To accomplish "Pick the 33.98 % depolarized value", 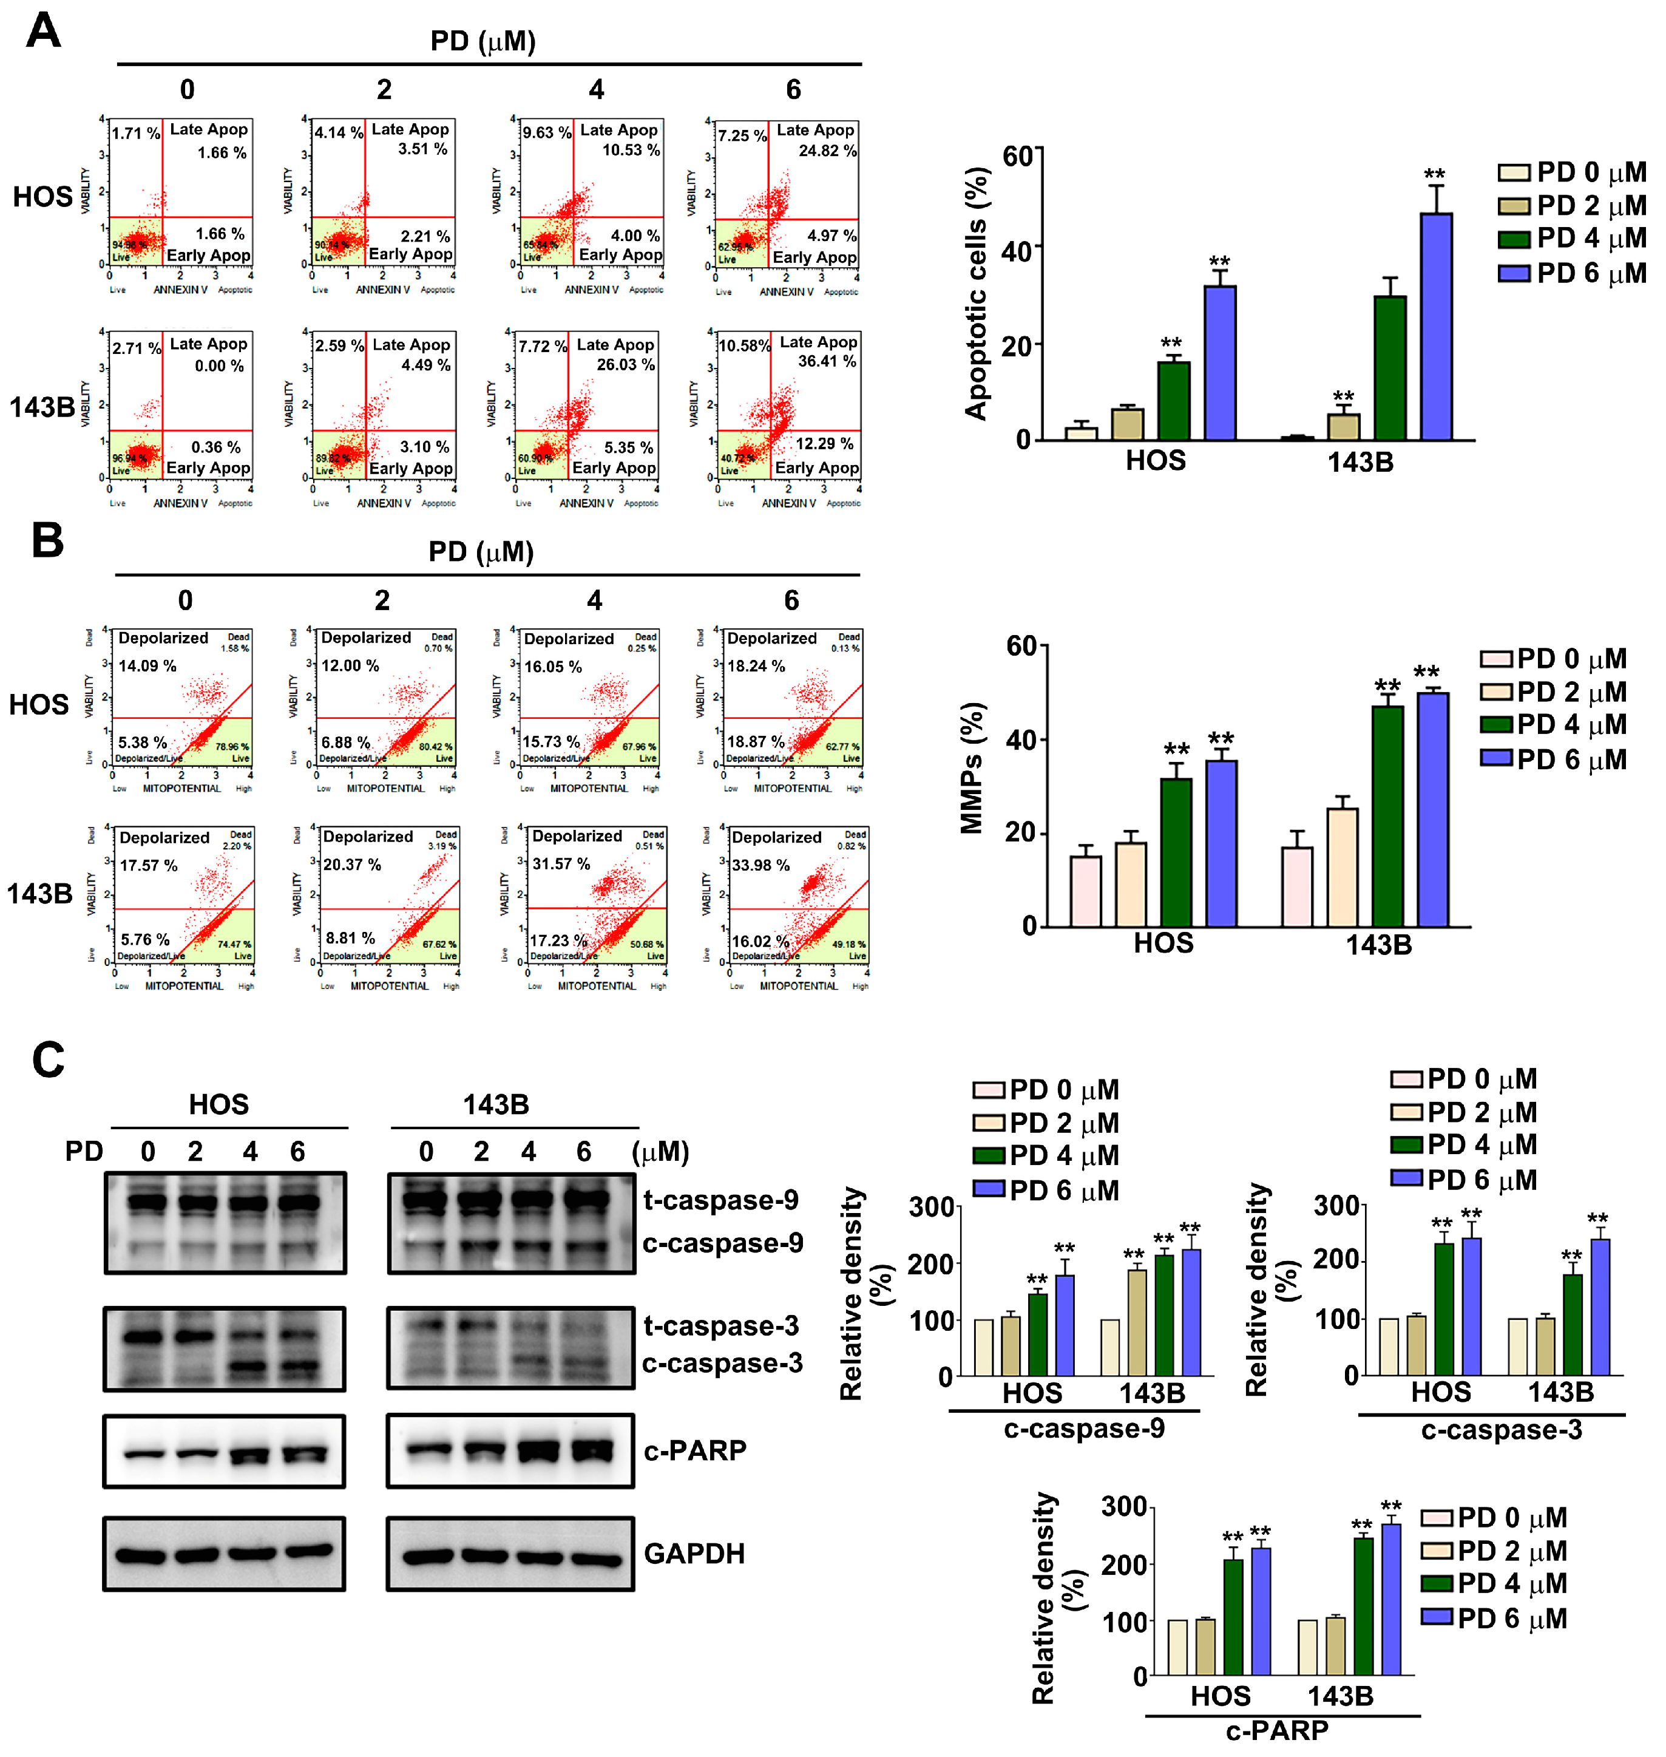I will click(760, 865).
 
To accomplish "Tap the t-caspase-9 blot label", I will click(720, 1200).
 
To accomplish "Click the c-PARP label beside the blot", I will click(694, 1450).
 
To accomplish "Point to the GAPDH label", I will click(694, 1554).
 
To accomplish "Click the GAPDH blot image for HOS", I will click(224, 1554).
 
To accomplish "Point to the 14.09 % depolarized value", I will click(147, 666).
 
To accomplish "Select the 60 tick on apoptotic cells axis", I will click(1018, 157).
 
